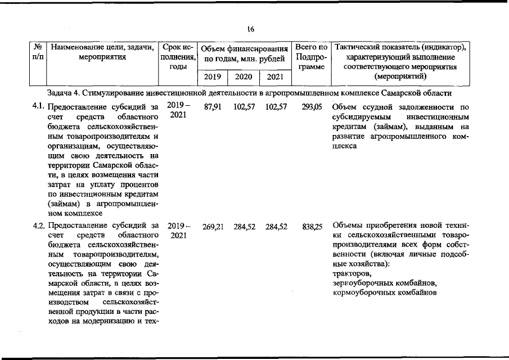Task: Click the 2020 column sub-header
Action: click(243, 77)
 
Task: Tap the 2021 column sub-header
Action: click(275, 77)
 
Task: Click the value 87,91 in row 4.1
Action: click(212, 106)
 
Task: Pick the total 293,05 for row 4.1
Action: click(311, 106)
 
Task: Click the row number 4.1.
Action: click(39, 106)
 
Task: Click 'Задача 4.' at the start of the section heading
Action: click(64, 92)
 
